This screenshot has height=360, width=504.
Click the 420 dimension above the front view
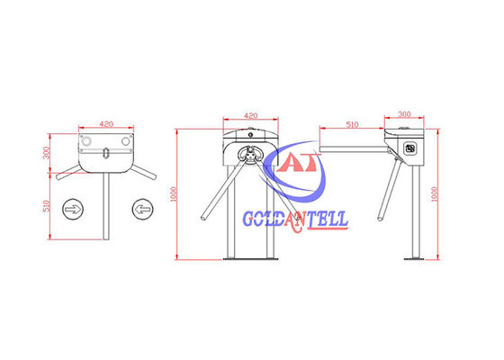251,115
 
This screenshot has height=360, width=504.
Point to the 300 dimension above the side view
403,115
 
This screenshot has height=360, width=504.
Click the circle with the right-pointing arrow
72,210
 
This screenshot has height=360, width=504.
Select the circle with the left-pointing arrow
141,210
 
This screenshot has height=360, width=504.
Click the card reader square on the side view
409,148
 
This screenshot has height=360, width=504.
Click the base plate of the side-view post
412,261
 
